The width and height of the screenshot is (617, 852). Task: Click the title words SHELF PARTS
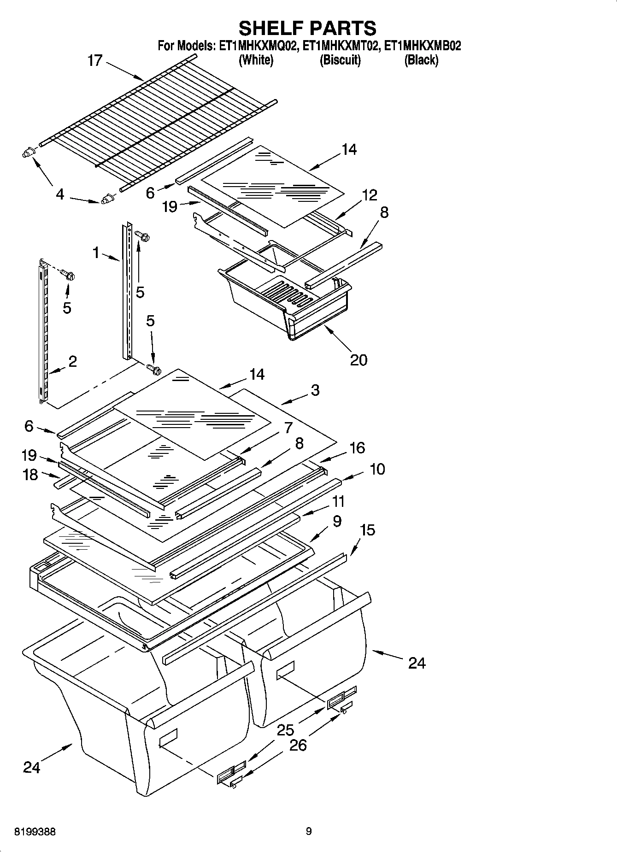click(307, 29)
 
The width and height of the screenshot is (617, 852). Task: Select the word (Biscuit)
click(340, 60)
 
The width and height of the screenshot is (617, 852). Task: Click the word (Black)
click(421, 60)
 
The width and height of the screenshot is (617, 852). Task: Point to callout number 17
click(94, 60)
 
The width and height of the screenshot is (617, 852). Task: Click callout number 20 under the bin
click(358, 359)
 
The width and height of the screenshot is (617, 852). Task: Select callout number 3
click(315, 390)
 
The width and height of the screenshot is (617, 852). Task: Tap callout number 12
click(369, 195)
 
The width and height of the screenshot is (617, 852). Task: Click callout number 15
click(367, 530)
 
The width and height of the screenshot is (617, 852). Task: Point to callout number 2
click(72, 361)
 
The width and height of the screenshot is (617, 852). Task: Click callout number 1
click(96, 252)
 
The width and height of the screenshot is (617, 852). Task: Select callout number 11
click(338, 501)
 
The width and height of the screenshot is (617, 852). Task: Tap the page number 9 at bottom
click(308, 831)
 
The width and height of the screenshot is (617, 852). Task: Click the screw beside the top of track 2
click(70, 276)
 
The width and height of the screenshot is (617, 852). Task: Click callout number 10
click(377, 469)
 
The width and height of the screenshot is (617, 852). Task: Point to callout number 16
click(357, 447)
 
